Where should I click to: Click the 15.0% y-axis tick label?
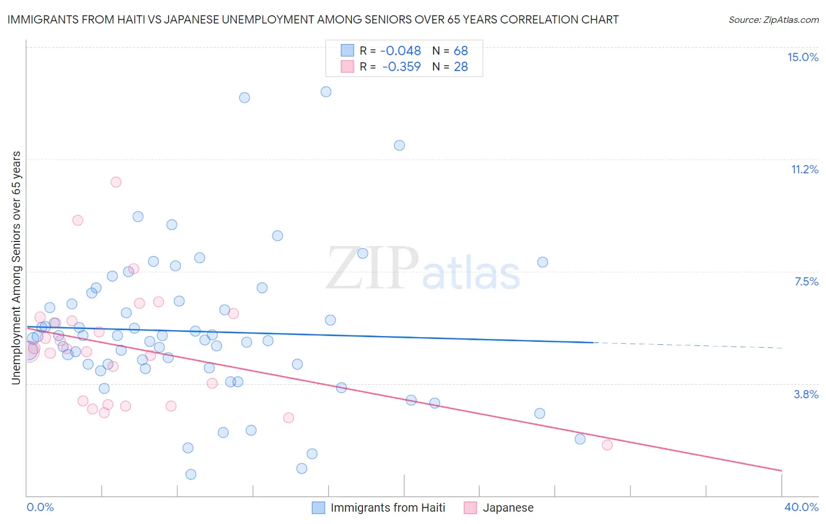[x=803, y=57]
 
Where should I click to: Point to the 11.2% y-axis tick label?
[x=804, y=169]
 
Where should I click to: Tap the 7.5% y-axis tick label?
[x=806, y=281]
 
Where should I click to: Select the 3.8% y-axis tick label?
[x=806, y=394]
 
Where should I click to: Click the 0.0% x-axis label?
[x=41, y=507]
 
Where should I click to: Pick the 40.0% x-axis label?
[x=801, y=507]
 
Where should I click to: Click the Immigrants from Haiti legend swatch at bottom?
[x=318, y=508]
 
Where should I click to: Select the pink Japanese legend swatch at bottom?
[x=471, y=508]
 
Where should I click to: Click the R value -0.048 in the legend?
[x=401, y=51]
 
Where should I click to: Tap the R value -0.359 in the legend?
[x=401, y=67]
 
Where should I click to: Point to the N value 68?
[x=461, y=51]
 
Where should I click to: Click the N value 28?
[x=461, y=67]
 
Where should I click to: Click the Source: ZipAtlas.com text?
[x=773, y=19]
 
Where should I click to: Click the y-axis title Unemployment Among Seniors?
[x=16, y=268]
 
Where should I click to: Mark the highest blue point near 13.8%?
[x=326, y=92]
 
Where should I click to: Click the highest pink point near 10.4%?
[x=116, y=182]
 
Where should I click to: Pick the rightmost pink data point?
[x=607, y=445]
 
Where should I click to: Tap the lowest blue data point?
[x=191, y=474]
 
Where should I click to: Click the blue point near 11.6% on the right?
[x=399, y=145]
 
